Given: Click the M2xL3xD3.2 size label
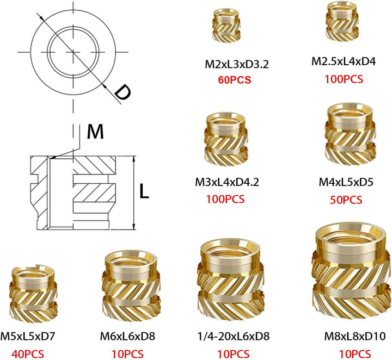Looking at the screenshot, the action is pyautogui.click(x=237, y=64).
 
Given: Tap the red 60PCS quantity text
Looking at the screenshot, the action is pyautogui.click(x=235, y=80).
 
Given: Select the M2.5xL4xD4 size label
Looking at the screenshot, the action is pyautogui.click(x=344, y=61).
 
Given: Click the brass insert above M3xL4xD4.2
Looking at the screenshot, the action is pyautogui.click(x=226, y=139).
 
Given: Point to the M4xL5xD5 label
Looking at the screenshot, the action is pyautogui.click(x=346, y=182).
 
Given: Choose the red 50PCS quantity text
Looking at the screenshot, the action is pyautogui.click(x=346, y=200).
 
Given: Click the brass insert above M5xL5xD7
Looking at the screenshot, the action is pyautogui.click(x=33, y=293).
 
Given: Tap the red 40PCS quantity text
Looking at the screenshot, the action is pyautogui.click(x=28, y=354).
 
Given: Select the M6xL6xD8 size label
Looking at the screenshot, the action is pyautogui.click(x=127, y=336).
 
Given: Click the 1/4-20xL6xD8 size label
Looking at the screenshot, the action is pyautogui.click(x=234, y=336).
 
